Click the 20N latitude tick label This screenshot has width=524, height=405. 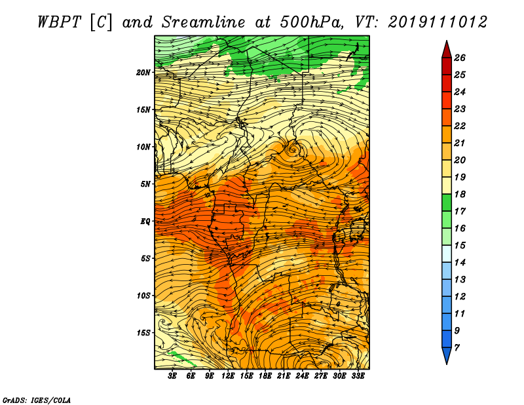click(x=143, y=73)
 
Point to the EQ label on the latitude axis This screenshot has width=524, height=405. click(x=145, y=222)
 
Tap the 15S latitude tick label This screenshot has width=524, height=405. click(x=143, y=333)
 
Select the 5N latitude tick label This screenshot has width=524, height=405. click(x=145, y=184)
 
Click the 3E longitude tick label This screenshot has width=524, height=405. click(x=172, y=376)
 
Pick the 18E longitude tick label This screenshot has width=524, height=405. click(x=265, y=376)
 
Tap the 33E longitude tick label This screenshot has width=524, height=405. click(x=358, y=376)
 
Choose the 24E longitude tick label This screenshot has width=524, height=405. click(x=302, y=376)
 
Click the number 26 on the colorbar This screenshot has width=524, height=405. click(x=460, y=58)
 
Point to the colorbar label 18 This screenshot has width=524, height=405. click(x=460, y=194)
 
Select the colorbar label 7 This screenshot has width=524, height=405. click(x=457, y=348)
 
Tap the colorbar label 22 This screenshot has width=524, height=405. click(x=460, y=126)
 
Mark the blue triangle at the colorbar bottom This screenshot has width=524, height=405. click(x=447, y=355)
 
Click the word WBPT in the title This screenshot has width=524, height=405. click(x=59, y=22)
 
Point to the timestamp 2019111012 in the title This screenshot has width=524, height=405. click(x=438, y=22)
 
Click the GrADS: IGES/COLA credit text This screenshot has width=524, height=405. click(x=37, y=400)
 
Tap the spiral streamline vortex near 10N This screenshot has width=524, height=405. click(x=293, y=149)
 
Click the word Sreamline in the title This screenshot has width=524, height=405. click(x=204, y=22)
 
